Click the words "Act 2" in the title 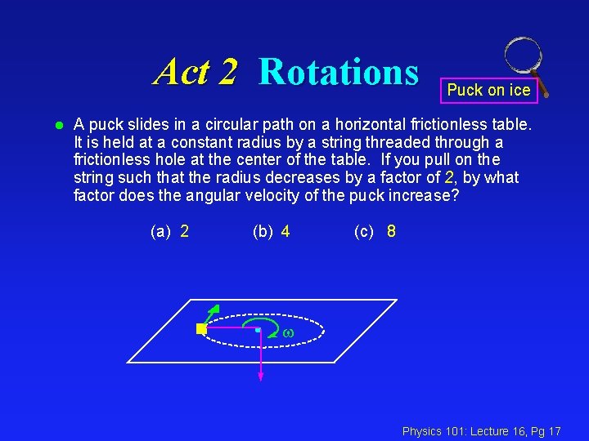[x=196, y=72]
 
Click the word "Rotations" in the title [x=338, y=72]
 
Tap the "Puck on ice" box [x=489, y=90]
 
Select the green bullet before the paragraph [x=59, y=126]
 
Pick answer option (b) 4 [x=272, y=231]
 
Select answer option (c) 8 [x=375, y=231]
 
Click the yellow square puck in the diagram [x=201, y=329]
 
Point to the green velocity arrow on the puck [x=213, y=313]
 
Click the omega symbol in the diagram [x=287, y=333]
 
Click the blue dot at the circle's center [x=259, y=329]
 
